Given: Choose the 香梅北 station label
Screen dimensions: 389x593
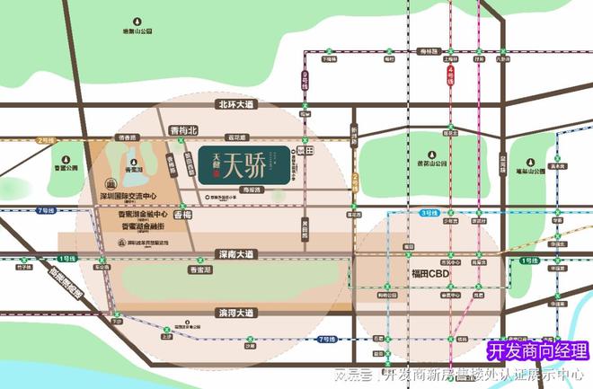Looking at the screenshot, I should coord(181,130).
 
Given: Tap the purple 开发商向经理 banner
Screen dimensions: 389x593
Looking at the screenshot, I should coord(537,351).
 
